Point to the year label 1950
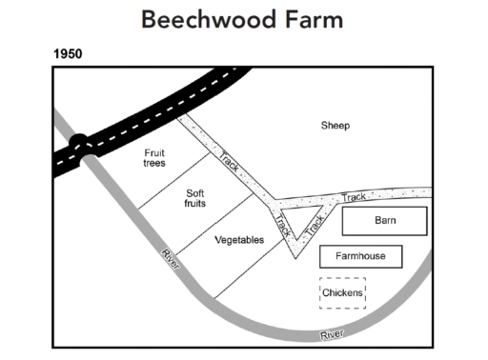coord(67,53)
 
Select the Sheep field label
coord(335,126)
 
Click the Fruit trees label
coord(154,157)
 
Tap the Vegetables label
coord(238,240)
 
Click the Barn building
coord(384,221)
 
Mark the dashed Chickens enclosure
coord(342,292)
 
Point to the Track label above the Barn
coord(354,197)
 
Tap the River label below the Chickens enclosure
coord(332,334)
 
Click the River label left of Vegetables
coord(170,257)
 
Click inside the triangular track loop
coord(303,225)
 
